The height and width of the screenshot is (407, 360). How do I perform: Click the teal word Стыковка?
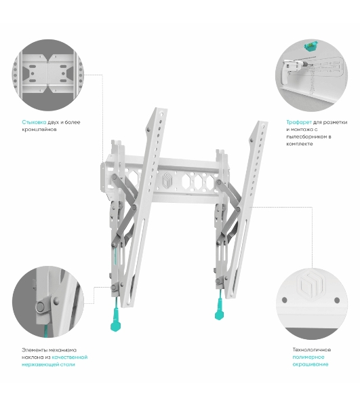34,122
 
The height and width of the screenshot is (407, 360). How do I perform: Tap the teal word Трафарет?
299,122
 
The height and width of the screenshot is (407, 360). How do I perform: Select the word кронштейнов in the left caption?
39,130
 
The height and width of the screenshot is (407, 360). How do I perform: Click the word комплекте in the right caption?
300,144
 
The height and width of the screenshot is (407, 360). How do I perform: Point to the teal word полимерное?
308,357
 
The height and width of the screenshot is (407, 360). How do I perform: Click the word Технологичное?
311,349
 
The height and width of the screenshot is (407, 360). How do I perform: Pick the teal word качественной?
70,357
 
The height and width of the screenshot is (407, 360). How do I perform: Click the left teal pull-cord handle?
115,321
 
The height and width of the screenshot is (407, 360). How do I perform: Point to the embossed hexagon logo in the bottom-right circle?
311,285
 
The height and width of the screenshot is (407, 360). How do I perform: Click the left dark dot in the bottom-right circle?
285,300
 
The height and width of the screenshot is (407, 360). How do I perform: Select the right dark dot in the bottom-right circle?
337,301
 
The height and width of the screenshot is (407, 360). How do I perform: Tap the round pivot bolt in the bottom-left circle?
41,307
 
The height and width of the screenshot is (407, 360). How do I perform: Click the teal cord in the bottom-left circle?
45,330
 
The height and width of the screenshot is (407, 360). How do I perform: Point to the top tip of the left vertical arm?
161,109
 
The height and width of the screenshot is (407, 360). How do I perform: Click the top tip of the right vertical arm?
262,122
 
